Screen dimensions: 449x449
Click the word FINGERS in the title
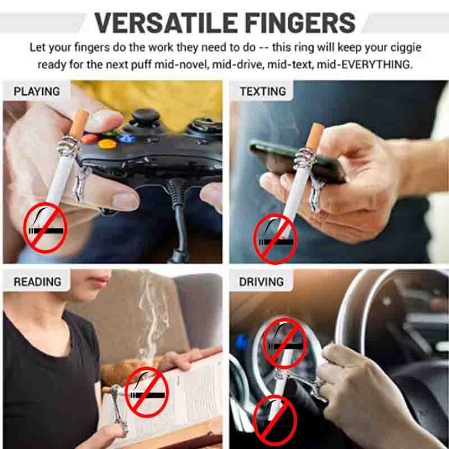coord(301,22)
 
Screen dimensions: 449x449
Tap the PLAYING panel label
coord(36,91)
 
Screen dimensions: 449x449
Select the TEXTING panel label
coord(263,91)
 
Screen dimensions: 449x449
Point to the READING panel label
coord(38,282)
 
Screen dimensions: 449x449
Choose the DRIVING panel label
coord(262,282)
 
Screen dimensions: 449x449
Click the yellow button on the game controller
coord(107,144)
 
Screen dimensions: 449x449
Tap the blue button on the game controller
coord(126,139)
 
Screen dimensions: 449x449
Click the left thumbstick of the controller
coord(145,117)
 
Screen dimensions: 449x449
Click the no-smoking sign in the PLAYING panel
coord(45,228)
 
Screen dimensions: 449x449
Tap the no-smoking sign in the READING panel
coord(147,392)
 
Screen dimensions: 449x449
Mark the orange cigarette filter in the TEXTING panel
coord(315,137)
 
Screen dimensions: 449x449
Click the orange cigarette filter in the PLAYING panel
coord(79,123)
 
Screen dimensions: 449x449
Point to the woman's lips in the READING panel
coord(100,281)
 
